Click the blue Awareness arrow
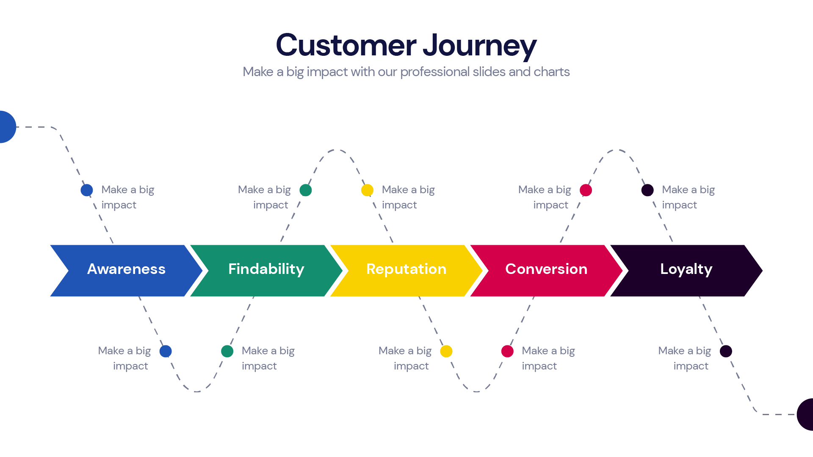pyautogui.click(x=126, y=271)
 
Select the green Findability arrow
pyautogui.click(x=266, y=271)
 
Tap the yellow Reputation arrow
pyautogui.click(x=406, y=271)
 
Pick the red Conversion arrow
pyautogui.click(x=546, y=271)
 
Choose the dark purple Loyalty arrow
pyautogui.click(x=686, y=271)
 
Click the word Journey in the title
pyautogui.click(x=479, y=46)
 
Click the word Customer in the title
pyautogui.click(x=346, y=45)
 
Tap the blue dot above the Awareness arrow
pyautogui.click(x=87, y=190)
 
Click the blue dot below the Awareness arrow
pyautogui.click(x=166, y=351)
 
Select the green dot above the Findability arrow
pyautogui.click(x=306, y=190)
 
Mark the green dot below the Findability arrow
pyautogui.click(x=227, y=351)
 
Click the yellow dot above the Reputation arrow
pyautogui.click(x=367, y=190)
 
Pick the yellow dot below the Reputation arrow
pyautogui.click(x=446, y=351)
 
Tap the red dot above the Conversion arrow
pyautogui.click(x=586, y=190)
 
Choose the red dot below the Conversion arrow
pyautogui.click(x=507, y=351)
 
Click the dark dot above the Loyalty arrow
pyautogui.click(x=647, y=190)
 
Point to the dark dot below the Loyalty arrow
pyautogui.click(x=726, y=351)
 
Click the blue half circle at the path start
pyautogui.click(x=6, y=127)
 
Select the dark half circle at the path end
pyautogui.click(x=806, y=415)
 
